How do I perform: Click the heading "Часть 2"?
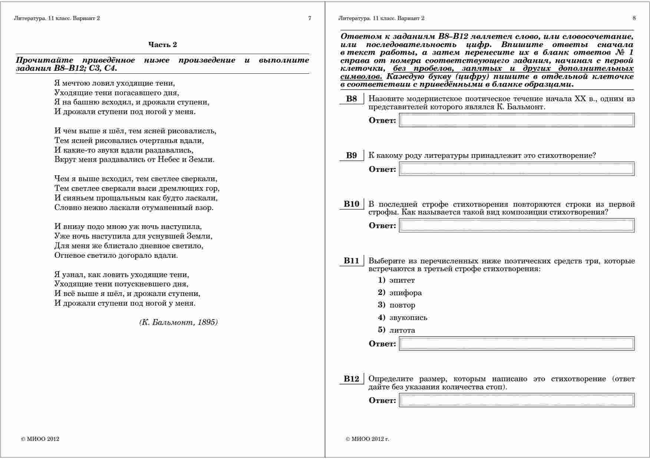click(x=163, y=45)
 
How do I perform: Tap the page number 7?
click(x=310, y=18)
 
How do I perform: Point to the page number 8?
click(x=634, y=18)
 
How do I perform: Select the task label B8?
click(x=351, y=99)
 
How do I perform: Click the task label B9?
click(x=351, y=156)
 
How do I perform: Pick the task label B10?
click(x=351, y=204)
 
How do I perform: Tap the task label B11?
click(x=351, y=261)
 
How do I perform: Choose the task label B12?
click(x=351, y=379)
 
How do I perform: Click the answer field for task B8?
click(x=517, y=120)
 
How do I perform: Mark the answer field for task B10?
click(x=517, y=226)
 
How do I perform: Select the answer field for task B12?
click(x=517, y=400)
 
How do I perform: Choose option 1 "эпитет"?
click(x=402, y=280)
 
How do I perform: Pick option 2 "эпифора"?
click(x=405, y=293)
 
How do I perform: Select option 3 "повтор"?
click(x=402, y=305)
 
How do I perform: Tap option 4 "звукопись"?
click(x=408, y=318)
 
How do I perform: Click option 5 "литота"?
click(x=402, y=330)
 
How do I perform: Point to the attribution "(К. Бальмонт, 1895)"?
click(x=179, y=322)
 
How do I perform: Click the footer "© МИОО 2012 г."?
click(x=367, y=439)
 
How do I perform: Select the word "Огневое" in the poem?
click(x=69, y=256)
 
